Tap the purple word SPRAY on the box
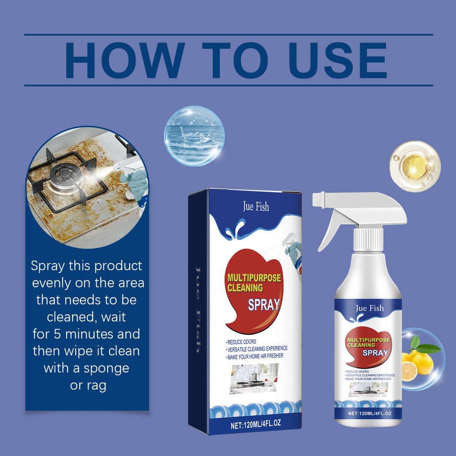point(264,305)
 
